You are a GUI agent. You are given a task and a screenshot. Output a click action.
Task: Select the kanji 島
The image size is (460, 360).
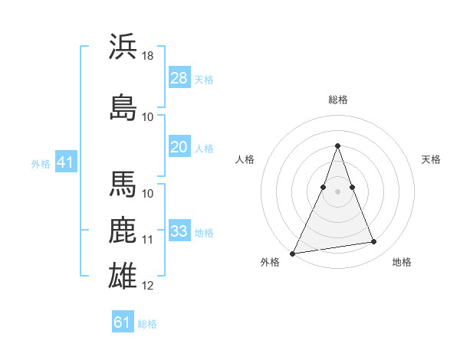(x=123, y=106)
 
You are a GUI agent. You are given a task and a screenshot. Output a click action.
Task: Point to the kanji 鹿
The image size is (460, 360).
(x=123, y=231)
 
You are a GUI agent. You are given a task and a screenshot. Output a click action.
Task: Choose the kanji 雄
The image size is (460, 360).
(x=123, y=275)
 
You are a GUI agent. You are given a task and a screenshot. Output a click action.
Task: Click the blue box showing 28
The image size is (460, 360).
(x=179, y=78)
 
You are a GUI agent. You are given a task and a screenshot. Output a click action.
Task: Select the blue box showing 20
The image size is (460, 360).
(x=179, y=147)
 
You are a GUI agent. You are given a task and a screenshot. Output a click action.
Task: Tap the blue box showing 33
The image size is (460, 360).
(x=179, y=231)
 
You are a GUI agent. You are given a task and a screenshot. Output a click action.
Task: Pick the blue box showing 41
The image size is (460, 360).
(x=65, y=162)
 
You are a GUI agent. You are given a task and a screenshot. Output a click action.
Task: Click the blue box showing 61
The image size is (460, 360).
(x=123, y=322)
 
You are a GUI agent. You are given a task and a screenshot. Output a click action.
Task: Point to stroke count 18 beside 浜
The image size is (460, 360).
(x=149, y=56)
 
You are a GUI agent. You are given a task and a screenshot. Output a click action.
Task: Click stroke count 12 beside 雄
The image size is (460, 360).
(x=149, y=286)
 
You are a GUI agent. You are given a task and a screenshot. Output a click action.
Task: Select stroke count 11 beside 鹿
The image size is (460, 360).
(x=149, y=240)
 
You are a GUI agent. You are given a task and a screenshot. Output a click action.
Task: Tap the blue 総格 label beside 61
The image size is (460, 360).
(x=147, y=324)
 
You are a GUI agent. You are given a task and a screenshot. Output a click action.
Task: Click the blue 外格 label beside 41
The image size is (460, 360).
(x=41, y=163)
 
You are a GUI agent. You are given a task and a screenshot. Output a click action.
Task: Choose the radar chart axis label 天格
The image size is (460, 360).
(x=431, y=159)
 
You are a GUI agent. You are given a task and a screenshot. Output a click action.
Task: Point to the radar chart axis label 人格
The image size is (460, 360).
(x=245, y=159)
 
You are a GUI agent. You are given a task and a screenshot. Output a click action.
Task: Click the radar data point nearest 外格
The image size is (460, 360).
(x=293, y=253)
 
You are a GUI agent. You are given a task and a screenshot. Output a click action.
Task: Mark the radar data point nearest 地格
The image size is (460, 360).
(x=374, y=242)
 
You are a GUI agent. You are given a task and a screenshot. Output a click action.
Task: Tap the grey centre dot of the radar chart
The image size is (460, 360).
(x=337, y=191)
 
